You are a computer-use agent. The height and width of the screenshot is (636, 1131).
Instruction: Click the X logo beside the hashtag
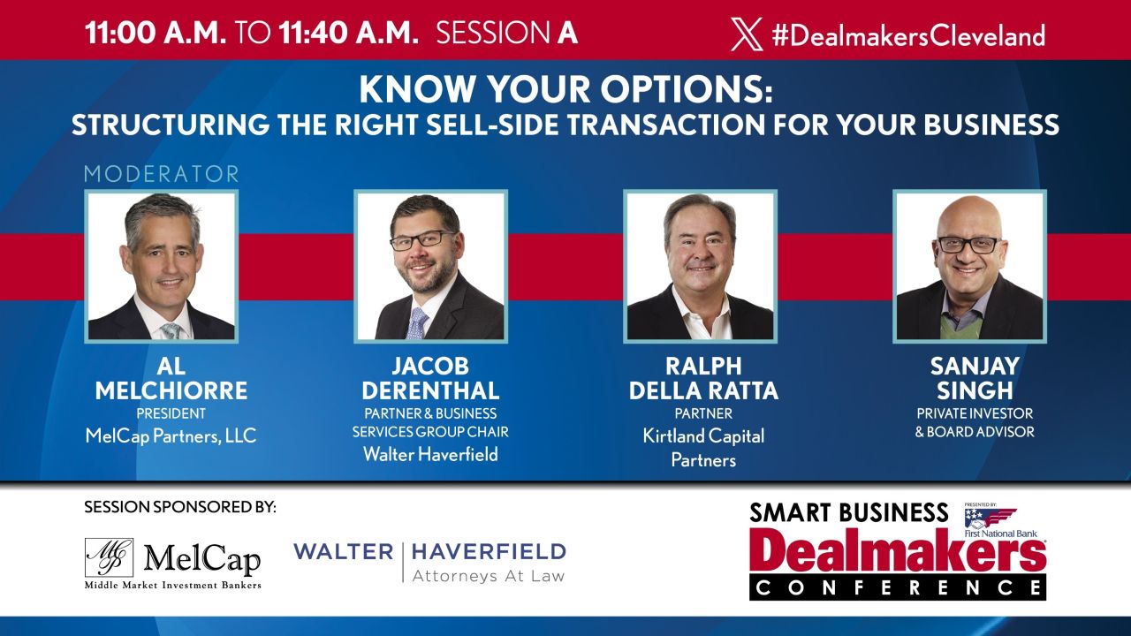[747, 34]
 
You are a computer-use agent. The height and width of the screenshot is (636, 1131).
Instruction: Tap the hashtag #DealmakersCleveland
[907, 35]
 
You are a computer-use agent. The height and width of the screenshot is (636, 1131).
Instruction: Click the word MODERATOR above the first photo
[162, 174]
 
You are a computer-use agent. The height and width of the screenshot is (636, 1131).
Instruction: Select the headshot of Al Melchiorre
[162, 266]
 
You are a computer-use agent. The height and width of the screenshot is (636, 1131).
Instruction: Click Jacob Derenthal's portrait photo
[431, 266]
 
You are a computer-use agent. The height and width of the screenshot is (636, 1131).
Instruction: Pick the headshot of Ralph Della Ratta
[700, 266]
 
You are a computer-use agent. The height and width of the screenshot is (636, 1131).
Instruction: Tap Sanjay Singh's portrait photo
[969, 266]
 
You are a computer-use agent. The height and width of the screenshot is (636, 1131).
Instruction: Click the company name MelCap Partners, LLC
[171, 435]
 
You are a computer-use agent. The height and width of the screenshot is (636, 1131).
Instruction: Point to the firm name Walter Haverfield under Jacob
[430, 454]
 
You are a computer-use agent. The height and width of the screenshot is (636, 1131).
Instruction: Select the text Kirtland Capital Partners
[703, 447]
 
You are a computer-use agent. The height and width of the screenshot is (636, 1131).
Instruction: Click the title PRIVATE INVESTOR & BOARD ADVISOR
[974, 422]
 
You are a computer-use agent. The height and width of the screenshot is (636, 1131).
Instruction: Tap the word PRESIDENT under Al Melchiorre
[171, 413]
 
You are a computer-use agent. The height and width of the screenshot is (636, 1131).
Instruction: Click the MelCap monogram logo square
[109, 557]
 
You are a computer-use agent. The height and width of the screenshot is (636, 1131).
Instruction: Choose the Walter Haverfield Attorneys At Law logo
[429, 562]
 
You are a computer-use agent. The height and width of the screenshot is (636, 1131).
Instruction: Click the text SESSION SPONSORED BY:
[180, 507]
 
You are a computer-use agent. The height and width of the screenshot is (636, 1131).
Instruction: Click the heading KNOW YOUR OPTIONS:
[565, 92]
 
